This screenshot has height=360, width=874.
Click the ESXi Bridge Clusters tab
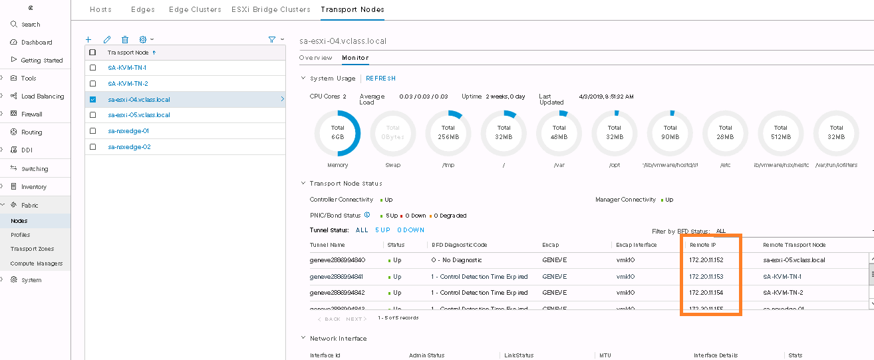pos(271,9)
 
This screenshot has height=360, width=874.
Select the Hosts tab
pos(100,9)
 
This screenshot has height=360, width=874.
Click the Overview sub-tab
pos(316,58)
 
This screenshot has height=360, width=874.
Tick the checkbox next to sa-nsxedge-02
pos(93,147)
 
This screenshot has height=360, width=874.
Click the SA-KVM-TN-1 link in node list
pos(127,68)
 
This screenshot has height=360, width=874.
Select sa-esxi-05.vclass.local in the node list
pos(139,115)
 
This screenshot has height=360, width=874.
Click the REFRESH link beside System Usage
pos(380,79)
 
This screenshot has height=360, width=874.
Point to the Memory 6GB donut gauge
pos(337,132)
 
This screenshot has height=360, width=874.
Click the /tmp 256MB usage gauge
pos(448,132)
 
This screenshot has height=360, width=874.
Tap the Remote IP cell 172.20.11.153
pos(706,276)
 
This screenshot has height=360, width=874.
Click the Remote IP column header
pos(704,245)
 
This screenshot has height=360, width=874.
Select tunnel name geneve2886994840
pos(338,260)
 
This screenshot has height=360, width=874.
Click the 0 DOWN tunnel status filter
pos(410,230)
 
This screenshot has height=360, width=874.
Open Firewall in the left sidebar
pos(31,114)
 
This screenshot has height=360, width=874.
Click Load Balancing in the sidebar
pos(43,96)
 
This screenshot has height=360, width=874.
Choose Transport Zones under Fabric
pos(32,249)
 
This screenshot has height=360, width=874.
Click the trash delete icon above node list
pos(125,40)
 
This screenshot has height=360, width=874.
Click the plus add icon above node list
pos(88,40)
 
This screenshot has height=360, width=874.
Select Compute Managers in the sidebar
pos(37,264)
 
